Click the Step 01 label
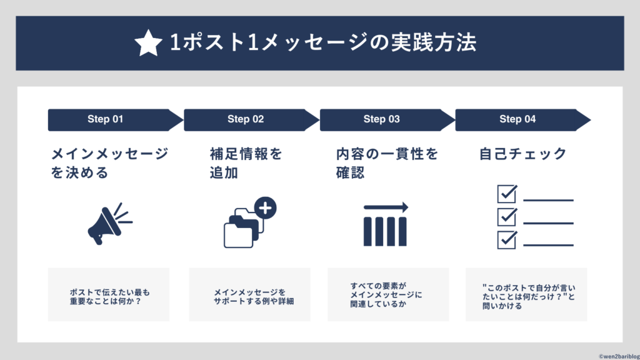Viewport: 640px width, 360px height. coord(105,119)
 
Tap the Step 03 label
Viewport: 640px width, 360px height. coord(381,119)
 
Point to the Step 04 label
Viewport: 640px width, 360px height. coord(517,119)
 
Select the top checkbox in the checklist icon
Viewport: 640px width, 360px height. coord(506,194)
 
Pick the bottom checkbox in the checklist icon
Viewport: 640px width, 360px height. coord(506,239)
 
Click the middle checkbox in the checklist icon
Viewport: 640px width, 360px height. coord(506,217)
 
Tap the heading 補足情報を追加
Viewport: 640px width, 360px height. coord(246,163)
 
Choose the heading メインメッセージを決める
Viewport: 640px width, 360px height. coord(109,163)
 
